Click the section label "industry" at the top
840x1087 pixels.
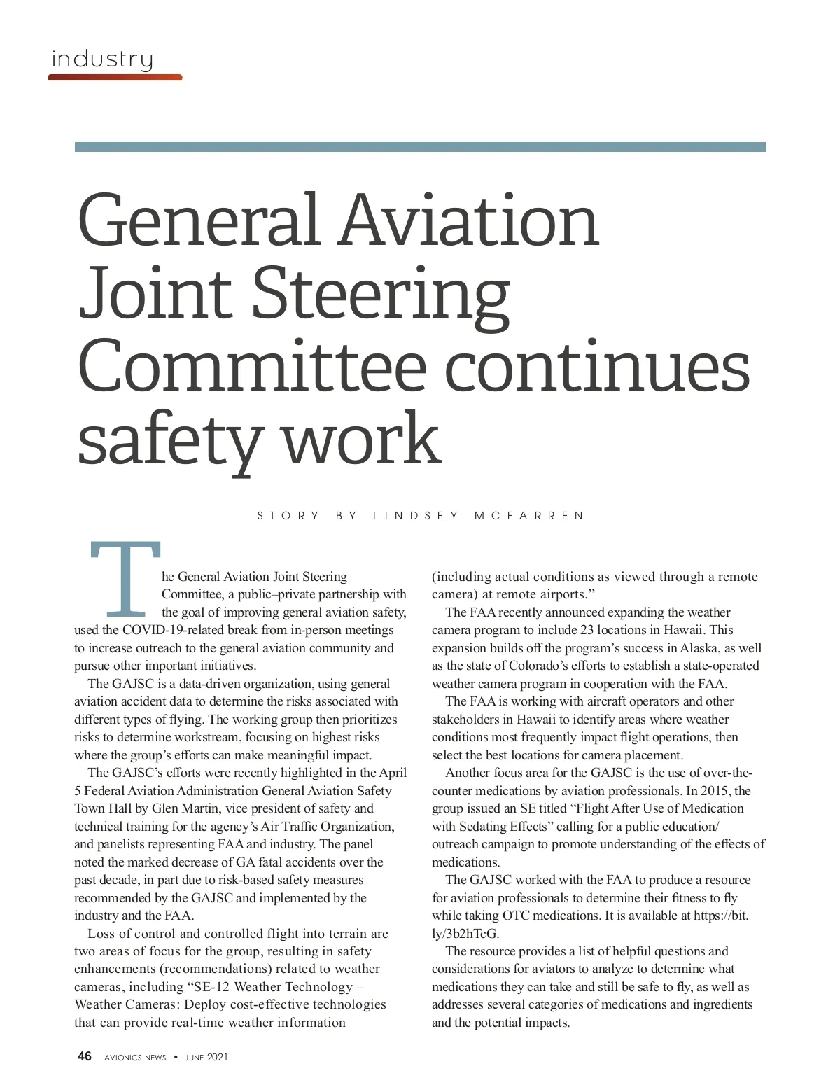[102, 59]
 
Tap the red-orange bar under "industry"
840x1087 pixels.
[115, 77]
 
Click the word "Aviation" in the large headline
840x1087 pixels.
[469, 220]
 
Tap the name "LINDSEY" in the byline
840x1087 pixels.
[416, 516]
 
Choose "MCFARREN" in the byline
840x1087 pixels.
[529, 516]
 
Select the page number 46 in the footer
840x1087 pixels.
[84, 1056]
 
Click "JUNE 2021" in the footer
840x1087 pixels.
[206, 1057]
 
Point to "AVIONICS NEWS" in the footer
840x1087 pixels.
[135, 1057]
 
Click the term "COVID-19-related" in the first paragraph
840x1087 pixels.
[173, 630]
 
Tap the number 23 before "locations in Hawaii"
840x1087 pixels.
[587, 630]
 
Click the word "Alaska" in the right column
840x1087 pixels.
[699, 648]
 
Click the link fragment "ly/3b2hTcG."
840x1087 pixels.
[465, 934]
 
